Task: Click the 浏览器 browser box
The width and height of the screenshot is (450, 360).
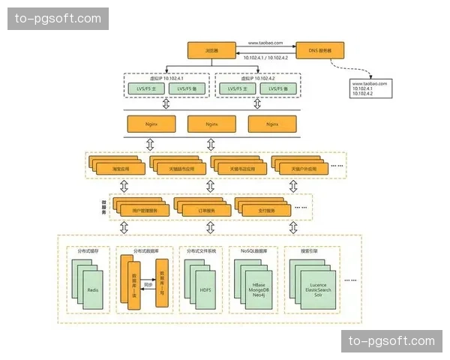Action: tap(211, 50)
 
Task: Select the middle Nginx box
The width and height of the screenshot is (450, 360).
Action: tap(211, 123)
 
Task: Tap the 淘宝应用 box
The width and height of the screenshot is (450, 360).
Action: tap(120, 169)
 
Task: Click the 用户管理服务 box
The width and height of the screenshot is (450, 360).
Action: tap(144, 211)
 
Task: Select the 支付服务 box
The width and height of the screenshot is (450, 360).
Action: tap(266, 211)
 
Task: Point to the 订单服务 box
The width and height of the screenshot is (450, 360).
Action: tap(205, 211)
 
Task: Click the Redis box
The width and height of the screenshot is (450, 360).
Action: tap(93, 289)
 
